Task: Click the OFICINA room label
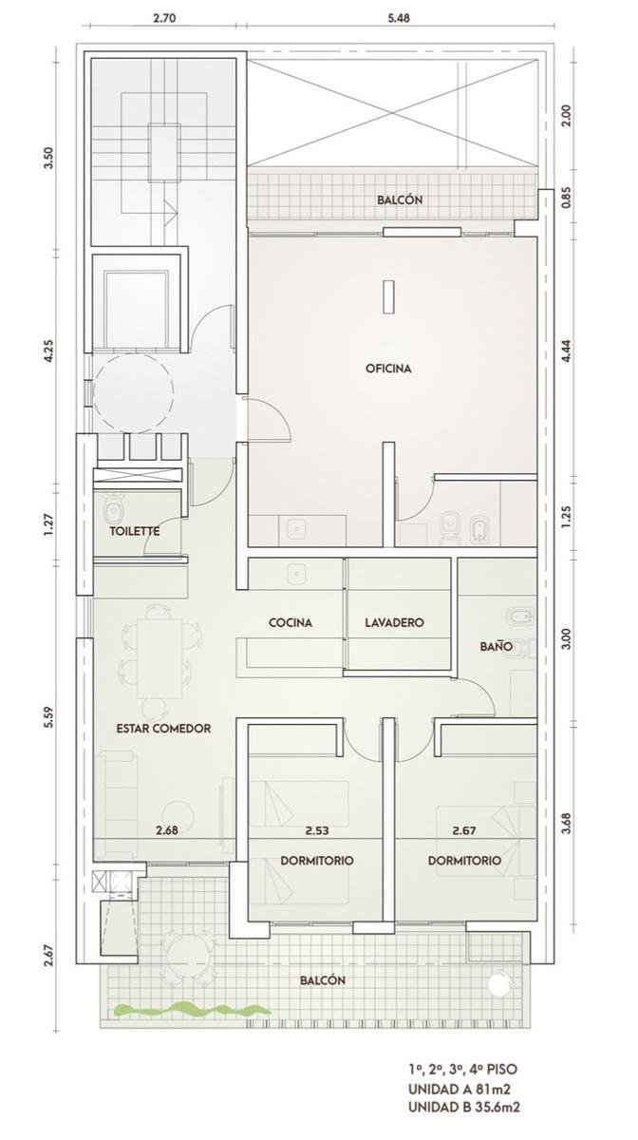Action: tap(388, 369)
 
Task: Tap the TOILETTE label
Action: tap(135, 531)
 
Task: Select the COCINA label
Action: tap(291, 622)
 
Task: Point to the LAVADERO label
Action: tap(394, 622)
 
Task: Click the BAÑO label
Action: tap(496, 646)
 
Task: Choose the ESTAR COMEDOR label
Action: tap(163, 729)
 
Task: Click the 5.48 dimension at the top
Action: tap(399, 18)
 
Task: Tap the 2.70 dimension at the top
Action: tap(164, 18)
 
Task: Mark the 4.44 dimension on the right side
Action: tap(568, 351)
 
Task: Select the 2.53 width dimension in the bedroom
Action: tap(317, 830)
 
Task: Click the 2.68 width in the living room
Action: tap(167, 830)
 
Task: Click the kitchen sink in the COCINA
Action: tap(295, 574)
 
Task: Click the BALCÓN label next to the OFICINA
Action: tap(400, 200)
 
